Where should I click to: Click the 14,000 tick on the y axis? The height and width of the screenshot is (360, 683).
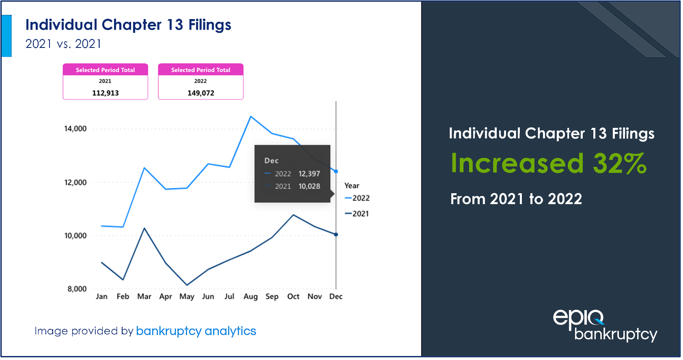(75, 129)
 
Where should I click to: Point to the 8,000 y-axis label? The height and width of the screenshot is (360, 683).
(77, 289)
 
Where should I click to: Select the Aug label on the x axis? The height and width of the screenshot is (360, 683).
(250, 297)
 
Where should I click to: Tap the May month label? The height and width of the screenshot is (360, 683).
(187, 297)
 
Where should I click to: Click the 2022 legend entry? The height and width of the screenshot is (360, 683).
(358, 198)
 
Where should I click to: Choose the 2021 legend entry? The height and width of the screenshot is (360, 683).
(357, 214)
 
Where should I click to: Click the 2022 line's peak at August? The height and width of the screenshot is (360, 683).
(251, 116)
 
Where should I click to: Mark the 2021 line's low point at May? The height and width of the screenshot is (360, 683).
(187, 285)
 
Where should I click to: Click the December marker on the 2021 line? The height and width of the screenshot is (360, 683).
(336, 235)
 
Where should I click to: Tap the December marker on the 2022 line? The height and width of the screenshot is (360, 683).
(336, 171)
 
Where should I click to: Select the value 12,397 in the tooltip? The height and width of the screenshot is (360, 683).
(309, 174)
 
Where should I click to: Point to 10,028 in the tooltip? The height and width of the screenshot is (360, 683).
(309, 186)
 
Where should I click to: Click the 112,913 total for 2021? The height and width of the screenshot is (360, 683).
(106, 93)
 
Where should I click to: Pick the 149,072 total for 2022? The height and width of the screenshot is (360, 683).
(201, 93)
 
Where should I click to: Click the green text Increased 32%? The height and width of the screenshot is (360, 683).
(549, 163)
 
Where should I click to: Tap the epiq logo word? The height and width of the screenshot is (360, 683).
(578, 318)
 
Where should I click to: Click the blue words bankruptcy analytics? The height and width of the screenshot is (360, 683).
(196, 331)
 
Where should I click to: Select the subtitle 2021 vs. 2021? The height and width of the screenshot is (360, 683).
(63, 44)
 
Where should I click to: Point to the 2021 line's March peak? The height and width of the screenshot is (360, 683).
(144, 228)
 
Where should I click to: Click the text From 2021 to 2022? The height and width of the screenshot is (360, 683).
(516, 199)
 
